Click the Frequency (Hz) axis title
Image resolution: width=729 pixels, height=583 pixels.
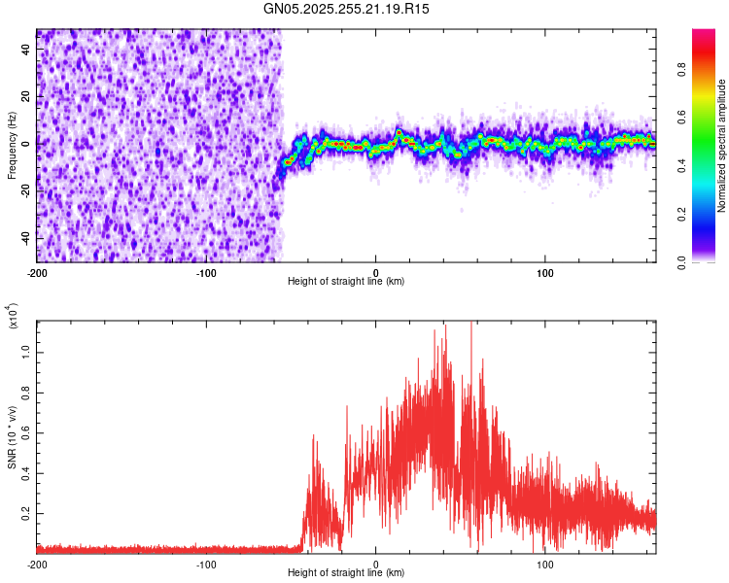coord(11,146)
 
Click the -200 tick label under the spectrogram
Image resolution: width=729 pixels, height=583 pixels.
coord(37,272)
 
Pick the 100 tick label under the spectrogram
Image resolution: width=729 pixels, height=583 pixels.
coord(545,272)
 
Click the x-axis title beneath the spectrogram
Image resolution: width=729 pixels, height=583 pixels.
coord(347,282)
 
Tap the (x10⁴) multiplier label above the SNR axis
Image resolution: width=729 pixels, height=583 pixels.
coord(13,317)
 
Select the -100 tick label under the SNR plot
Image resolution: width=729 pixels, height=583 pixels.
coord(206,564)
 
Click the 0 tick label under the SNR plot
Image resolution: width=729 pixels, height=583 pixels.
coord(376,564)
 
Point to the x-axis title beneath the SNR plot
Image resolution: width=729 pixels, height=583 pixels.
coord(347,573)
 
